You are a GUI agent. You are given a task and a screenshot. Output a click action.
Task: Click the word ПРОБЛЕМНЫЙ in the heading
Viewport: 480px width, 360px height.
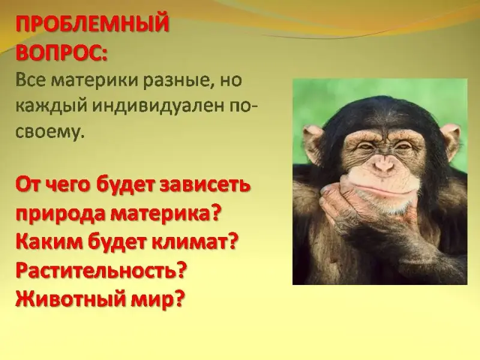92,25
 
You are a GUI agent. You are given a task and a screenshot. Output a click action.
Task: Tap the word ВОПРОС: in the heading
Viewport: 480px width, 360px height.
62,52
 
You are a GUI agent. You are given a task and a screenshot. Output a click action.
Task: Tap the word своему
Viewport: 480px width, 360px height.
49,132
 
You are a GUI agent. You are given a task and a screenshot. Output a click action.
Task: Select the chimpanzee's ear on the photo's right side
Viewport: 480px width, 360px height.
449,139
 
